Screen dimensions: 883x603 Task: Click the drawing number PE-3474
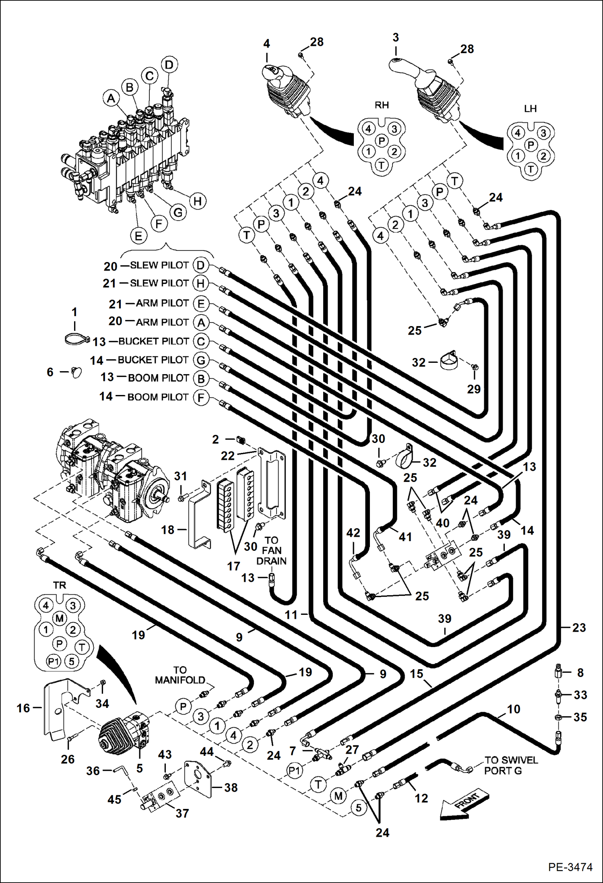[x=570, y=867]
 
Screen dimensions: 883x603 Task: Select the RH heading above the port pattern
[x=382, y=105]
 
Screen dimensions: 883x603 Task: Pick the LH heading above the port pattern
[x=530, y=109]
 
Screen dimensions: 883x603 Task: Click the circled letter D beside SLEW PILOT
[x=200, y=265]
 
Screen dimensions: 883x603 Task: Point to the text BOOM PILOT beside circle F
[x=158, y=397]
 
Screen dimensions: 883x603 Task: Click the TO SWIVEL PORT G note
[x=510, y=765]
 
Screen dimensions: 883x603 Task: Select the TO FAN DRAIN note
[x=271, y=550]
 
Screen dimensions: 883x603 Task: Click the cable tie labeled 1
[x=76, y=339]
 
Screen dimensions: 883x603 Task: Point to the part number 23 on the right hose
[x=579, y=628]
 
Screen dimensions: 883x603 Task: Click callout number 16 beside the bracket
[x=23, y=708]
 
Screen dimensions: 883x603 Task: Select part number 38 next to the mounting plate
[x=231, y=788]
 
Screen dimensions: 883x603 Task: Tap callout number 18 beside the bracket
[x=168, y=530]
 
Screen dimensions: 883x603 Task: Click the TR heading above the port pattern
[x=60, y=585]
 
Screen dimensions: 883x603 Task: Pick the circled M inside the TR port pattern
[x=60, y=618]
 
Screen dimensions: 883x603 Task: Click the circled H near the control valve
[x=197, y=201]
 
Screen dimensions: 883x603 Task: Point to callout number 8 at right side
[x=580, y=672]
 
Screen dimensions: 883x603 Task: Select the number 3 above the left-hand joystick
[x=396, y=37]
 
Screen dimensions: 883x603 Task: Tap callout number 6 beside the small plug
[x=50, y=372]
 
